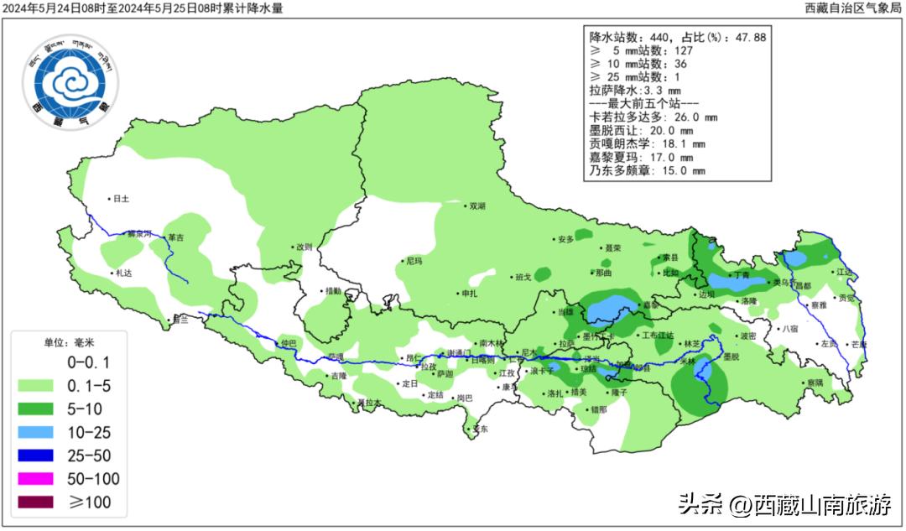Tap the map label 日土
tap(122, 199)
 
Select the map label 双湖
tap(477, 206)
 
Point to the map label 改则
tap(304, 247)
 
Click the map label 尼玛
tap(414, 262)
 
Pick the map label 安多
tap(566, 240)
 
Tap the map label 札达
tap(124, 273)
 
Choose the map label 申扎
tap(469, 294)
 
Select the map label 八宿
tap(789, 330)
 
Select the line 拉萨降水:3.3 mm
tap(635, 90)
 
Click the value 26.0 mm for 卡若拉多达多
tap(694, 117)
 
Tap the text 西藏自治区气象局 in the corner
tap(851, 8)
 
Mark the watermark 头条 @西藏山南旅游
tap(784, 505)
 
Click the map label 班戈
tap(523, 278)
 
